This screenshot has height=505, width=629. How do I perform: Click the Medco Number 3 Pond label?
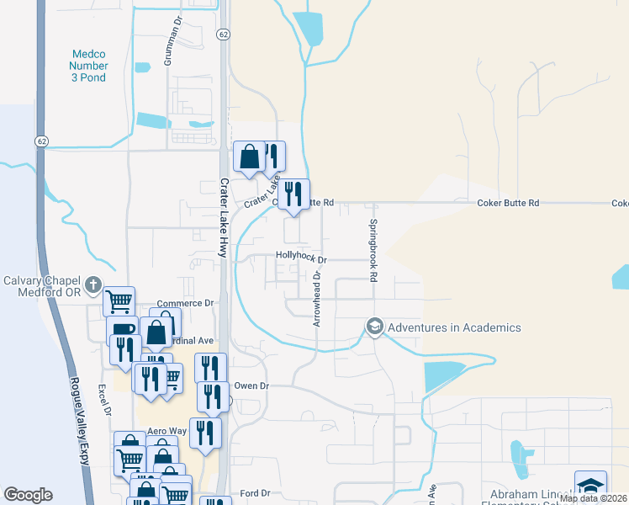click(x=88, y=66)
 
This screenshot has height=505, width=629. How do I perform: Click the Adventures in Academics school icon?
click(x=374, y=327)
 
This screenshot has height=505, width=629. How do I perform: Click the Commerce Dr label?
click(x=186, y=303)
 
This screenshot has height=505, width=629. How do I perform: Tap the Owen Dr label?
click(x=251, y=385)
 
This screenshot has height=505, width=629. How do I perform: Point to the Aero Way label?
click(x=166, y=431)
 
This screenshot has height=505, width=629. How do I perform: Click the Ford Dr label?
click(x=254, y=493)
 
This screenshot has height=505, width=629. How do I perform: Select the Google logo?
click(x=28, y=495)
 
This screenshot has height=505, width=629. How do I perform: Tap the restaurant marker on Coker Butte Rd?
click(x=293, y=193)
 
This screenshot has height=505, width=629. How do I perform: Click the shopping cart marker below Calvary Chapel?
click(x=119, y=300)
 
